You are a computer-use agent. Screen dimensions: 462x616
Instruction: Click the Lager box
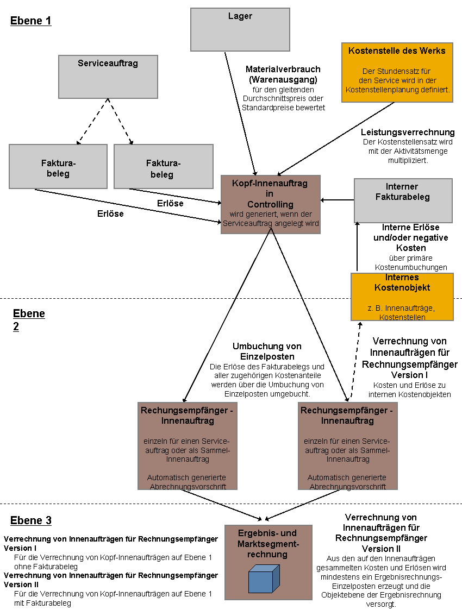(240, 29)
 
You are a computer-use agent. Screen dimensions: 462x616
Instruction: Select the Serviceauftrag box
(108, 77)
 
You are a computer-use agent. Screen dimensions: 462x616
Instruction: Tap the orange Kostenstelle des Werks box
(397, 73)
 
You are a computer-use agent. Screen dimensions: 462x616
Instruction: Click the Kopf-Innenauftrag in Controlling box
(271, 204)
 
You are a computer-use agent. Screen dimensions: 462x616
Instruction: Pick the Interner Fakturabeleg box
(403, 201)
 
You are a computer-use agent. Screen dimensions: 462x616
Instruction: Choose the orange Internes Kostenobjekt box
(402, 297)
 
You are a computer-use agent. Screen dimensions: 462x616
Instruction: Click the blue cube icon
(264, 579)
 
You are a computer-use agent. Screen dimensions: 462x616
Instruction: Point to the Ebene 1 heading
(30, 21)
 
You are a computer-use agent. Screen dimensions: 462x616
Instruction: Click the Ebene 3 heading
(30, 520)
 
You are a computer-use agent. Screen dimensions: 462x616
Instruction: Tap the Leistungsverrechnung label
(408, 132)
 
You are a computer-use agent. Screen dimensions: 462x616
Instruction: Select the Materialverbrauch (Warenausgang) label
(283, 74)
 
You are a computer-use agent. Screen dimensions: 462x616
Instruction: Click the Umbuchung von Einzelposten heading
(267, 351)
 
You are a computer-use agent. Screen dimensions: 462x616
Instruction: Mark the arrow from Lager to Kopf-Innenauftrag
(240, 114)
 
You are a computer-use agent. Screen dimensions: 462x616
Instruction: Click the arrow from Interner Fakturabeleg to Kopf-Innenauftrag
(338, 200)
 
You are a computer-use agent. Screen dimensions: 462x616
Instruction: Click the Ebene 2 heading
(29, 320)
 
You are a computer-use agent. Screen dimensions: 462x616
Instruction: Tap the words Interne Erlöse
(410, 228)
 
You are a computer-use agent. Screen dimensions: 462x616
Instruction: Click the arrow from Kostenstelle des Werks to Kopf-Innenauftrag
(336, 139)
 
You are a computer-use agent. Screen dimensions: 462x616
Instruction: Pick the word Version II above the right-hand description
(381, 549)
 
